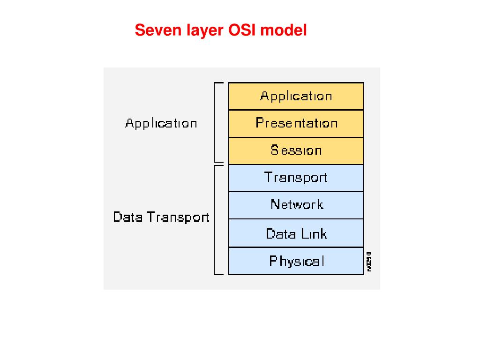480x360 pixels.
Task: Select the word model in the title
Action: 284,30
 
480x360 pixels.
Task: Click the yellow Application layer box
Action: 296,96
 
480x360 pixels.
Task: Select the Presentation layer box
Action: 296,123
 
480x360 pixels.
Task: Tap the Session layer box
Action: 296,150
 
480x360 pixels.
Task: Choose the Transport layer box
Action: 296,178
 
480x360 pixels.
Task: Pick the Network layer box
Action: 296,205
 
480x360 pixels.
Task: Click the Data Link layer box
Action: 296,233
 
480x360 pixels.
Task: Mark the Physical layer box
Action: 296,261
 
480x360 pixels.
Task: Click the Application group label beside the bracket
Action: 161,124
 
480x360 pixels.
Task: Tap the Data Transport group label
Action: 161,217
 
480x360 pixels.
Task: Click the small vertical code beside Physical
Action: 369,261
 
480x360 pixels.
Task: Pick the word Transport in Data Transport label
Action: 178,217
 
